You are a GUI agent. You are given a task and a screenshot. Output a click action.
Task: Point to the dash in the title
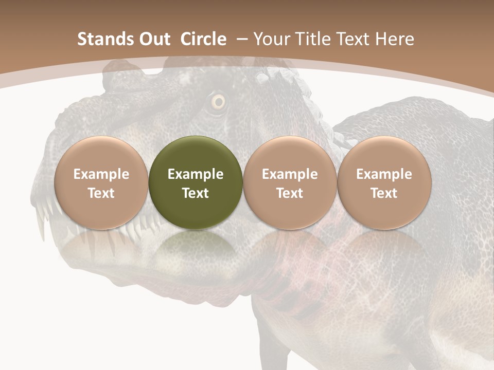click(x=241, y=39)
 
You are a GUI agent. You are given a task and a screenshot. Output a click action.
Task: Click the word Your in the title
click(x=271, y=39)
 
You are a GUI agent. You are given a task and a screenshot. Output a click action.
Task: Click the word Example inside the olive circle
click(x=196, y=174)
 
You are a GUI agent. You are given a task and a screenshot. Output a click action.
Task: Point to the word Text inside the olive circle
click(x=196, y=193)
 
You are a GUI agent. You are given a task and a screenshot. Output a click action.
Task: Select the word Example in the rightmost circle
click(x=384, y=174)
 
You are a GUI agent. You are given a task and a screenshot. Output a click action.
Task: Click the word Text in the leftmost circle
click(x=101, y=193)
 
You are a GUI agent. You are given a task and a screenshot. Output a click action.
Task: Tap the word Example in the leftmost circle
click(x=101, y=174)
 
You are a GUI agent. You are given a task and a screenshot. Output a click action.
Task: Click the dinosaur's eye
click(x=219, y=102)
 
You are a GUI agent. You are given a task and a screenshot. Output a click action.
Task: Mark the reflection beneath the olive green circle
click(x=196, y=247)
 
